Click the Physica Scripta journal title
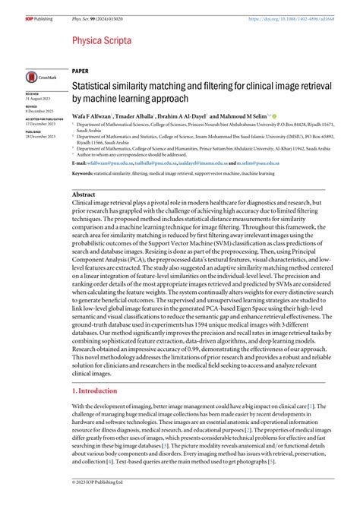coord(102,39)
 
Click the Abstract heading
coord(84,195)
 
